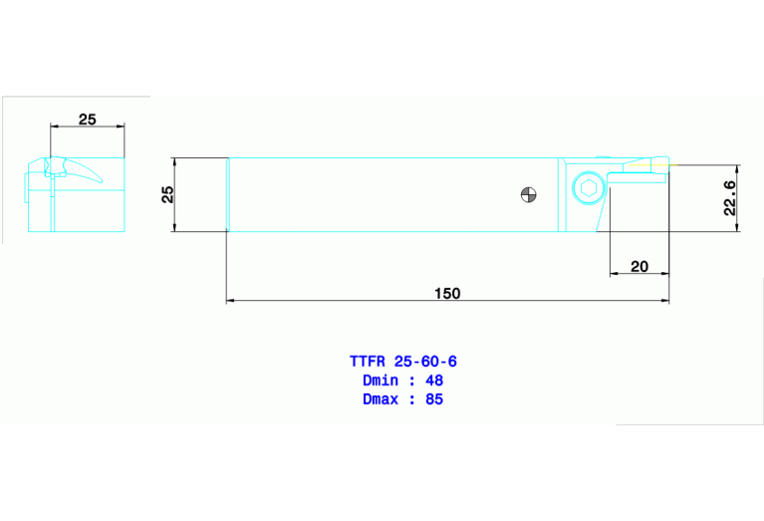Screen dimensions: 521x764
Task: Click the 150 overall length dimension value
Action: click(x=447, y=293)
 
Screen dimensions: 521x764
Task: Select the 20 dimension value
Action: click(x=638, y=266)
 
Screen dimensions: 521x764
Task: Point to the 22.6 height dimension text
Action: click(x=729, y=198)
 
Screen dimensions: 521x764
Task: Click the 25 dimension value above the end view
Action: click(x=88, y=120)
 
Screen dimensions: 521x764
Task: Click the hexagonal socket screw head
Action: click(x=588, y=187)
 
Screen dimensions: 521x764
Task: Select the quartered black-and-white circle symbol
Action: click(x=529, y=194)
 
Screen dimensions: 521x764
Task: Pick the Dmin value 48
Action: click(x=433, y=381)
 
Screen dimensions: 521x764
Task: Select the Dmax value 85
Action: click(x=433, y=399)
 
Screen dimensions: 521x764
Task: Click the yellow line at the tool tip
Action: click(x=669, y=165)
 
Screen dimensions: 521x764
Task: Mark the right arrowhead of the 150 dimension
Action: click(x=664, y=300)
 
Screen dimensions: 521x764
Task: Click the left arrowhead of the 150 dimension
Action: click(x=231, y=300)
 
